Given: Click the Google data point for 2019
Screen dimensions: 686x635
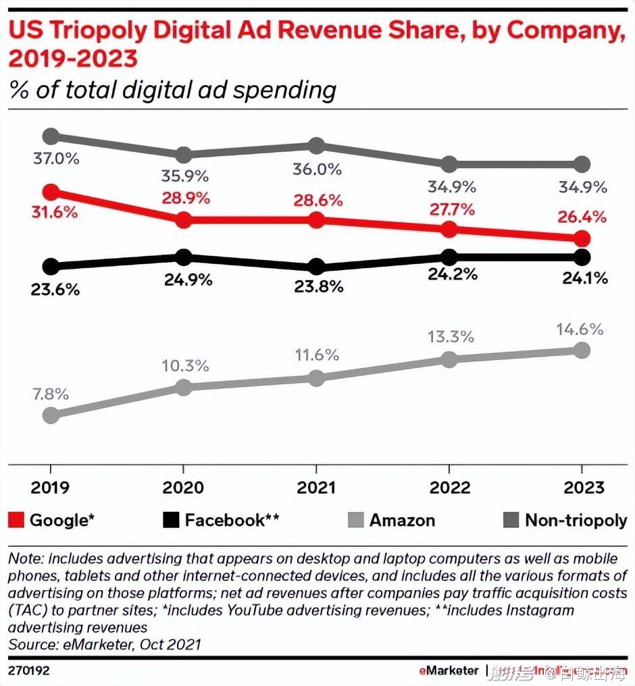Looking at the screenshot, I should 51,192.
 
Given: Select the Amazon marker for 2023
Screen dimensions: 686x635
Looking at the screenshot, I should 582,350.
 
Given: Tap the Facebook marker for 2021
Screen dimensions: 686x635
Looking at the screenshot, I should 316,267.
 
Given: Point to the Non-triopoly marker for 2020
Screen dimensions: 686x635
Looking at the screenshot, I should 183,155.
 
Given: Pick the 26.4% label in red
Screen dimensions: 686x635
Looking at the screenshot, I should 582,217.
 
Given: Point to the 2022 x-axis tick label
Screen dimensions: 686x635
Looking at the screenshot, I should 449,487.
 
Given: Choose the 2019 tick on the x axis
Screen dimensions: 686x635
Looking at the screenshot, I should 51,487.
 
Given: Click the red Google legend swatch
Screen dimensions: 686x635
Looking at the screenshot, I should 17,521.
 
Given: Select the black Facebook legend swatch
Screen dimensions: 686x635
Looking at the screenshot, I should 172,521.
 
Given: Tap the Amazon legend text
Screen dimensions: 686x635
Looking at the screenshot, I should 402,521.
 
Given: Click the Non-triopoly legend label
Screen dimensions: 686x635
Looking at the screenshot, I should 576,521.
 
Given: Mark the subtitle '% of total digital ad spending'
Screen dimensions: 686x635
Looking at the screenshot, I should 172,90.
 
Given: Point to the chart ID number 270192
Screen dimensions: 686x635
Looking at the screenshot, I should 28,672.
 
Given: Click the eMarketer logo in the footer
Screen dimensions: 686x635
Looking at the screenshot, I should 449,672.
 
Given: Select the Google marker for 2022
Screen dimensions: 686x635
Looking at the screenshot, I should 449,230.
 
